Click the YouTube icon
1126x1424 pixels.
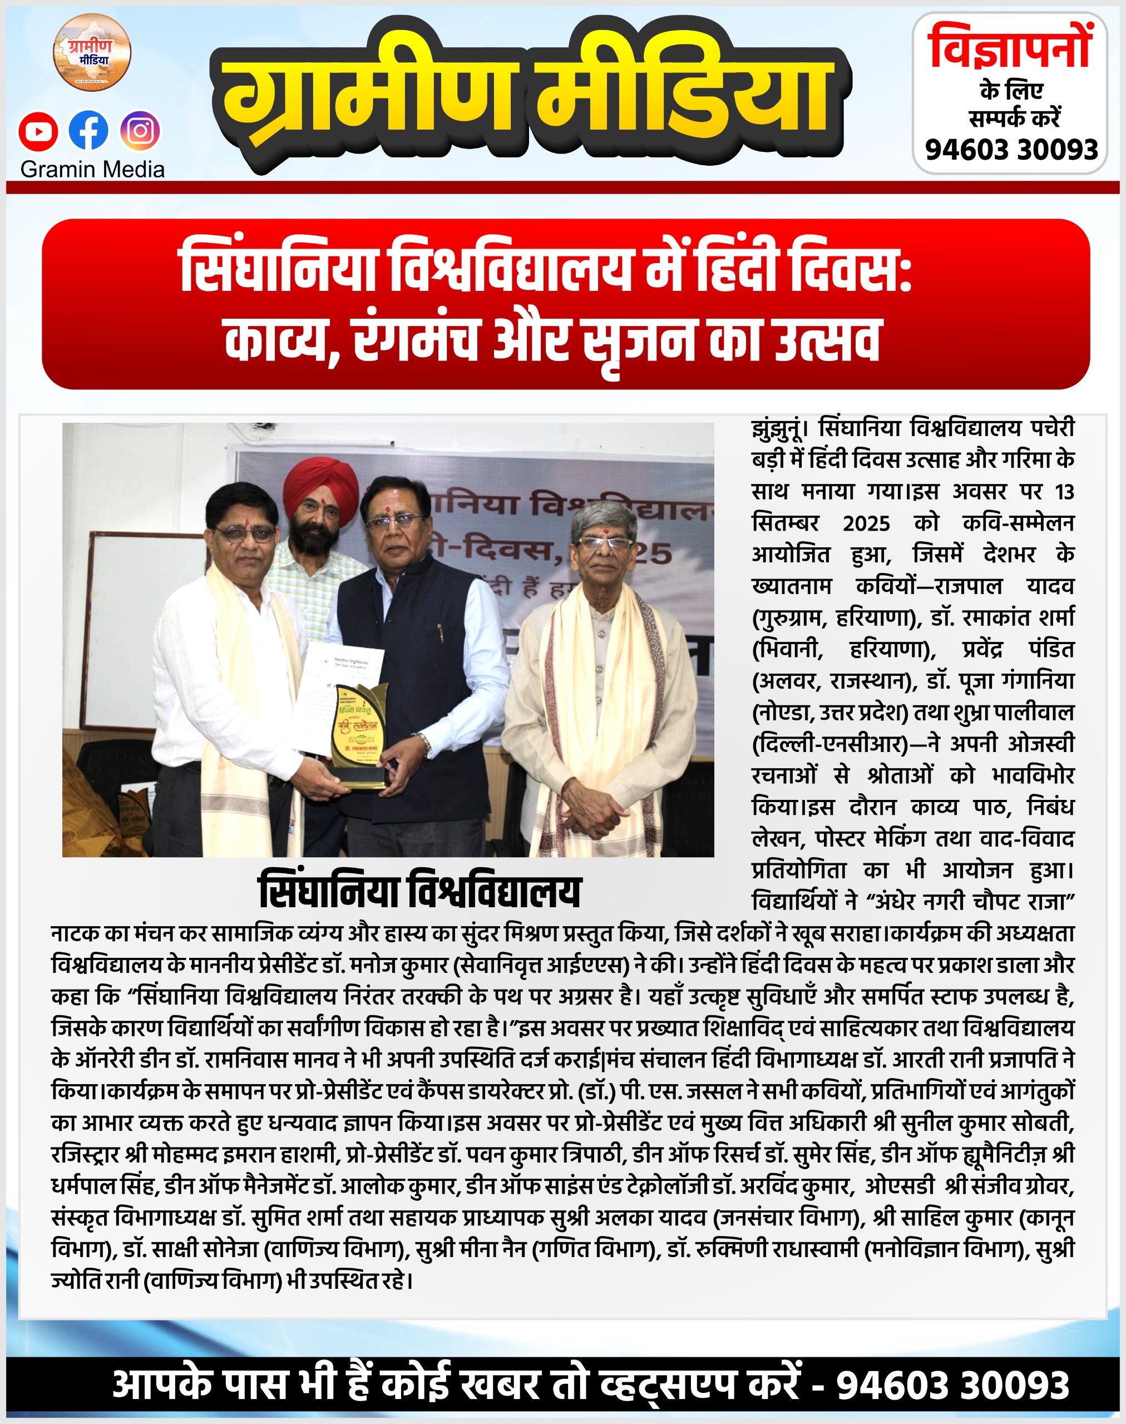coord(38,131)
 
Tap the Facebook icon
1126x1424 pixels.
coord(88,131)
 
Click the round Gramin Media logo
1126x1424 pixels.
coord(92,53)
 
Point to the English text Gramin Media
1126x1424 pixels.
coord(92,170)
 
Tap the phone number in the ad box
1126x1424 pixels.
coord(1011,150)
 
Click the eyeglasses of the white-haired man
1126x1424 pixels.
coord(604,544)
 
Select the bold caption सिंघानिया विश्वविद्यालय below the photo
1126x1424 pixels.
coord(419,891)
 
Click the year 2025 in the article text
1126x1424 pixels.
coord(866,523)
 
